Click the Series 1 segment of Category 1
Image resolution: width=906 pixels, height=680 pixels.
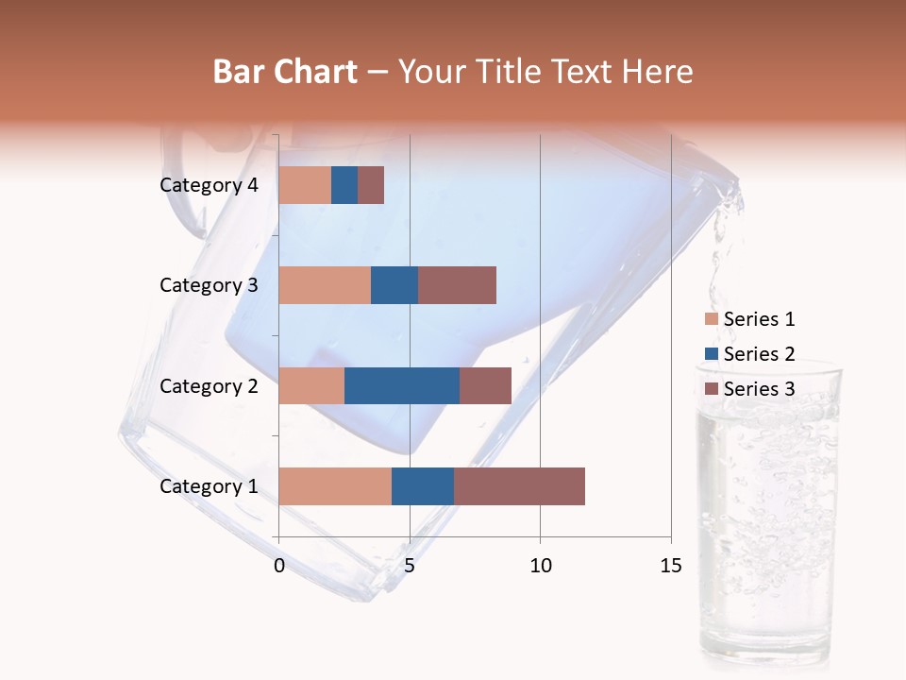pyautogui.click(x=335, y=485)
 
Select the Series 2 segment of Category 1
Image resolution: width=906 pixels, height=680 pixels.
pyautogui.click(x=423, y=485)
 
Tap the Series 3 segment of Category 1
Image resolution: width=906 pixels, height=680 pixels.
pyautogui.click(x=519, y=485)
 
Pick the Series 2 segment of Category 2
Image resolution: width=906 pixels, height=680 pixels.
pyautogui.click(x=402, y=385)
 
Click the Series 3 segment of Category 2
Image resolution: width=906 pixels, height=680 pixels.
pyautogui.click(x=485, y=385)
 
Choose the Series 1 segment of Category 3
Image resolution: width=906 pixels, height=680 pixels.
pyautogui.click(x=325, y=285)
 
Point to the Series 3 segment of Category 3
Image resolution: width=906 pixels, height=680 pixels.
pyautogui.click(x=457, y=285)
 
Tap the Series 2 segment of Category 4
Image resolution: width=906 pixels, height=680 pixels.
pyautogui.click(x=344, y=185)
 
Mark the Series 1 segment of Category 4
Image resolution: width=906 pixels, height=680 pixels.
pyautogui.click(x=305, y=185)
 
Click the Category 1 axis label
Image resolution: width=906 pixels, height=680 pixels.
pyautogui.click(x=209, y=486)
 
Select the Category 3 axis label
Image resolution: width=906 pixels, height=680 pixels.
pyautogui.click(x=209, y=285)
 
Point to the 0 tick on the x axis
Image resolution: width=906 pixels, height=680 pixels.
pyautogui.click(x=279, y=566)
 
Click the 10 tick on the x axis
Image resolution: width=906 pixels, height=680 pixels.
pyautogui.click(x=540, y=566)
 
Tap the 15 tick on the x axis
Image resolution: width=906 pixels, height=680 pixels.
pyautogui.click(x=671, y=566)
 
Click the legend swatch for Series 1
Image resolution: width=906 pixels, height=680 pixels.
pyautogui.click(x=712, y=319)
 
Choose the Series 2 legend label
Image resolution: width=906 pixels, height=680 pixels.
pyautogui.click(x=759, y=354)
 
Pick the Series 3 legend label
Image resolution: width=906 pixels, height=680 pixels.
pyautogui.click(x=759, y=389)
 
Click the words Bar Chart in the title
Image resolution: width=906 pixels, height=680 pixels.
pyautogui.click(x=285, y=72)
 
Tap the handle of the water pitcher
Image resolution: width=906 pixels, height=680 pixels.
pyautogui.click(x=184, y=189)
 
